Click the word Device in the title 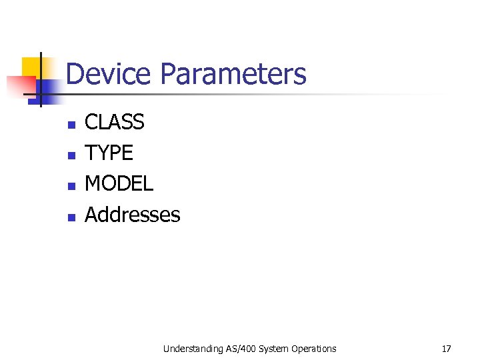click(x=109, y=74)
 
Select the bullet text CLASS click(x=115, y=122)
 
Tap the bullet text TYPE click(x=109, y=153)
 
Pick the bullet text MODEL click(x=119, y=183)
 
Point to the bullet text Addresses click(x=133, y=215)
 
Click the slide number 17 click(x=446, y=348)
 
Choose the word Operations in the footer click(x=313, y=348)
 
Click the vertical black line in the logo click(x=40, y=79)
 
